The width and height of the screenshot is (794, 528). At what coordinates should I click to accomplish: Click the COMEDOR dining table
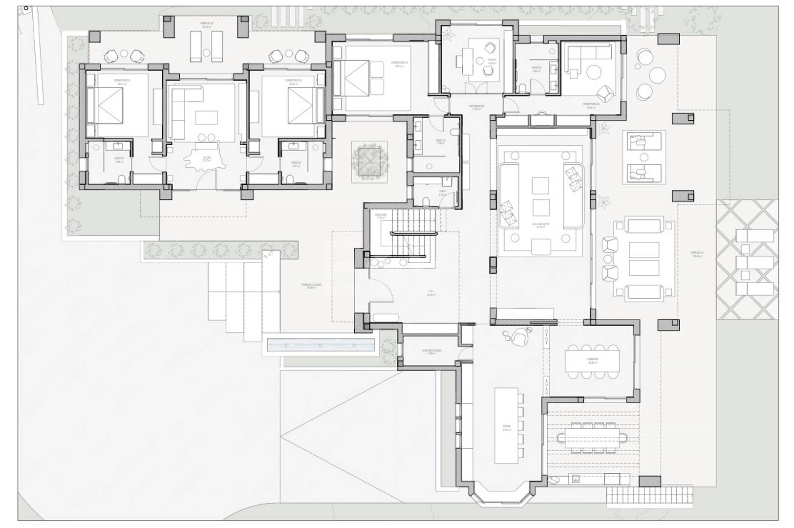[593, 360]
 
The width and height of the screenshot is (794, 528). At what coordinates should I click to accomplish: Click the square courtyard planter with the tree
[369, 162]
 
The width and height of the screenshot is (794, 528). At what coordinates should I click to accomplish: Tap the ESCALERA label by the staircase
[381, 216]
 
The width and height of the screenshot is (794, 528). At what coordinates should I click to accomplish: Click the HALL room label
[430, 294]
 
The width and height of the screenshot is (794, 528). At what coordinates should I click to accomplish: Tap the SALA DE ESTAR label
[541, 225]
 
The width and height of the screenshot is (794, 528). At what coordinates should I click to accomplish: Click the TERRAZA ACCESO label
[308, 286]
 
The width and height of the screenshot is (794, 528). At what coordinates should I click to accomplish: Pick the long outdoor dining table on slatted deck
[592, 437]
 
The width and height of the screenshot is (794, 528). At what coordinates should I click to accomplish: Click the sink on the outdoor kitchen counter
[576, 479]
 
